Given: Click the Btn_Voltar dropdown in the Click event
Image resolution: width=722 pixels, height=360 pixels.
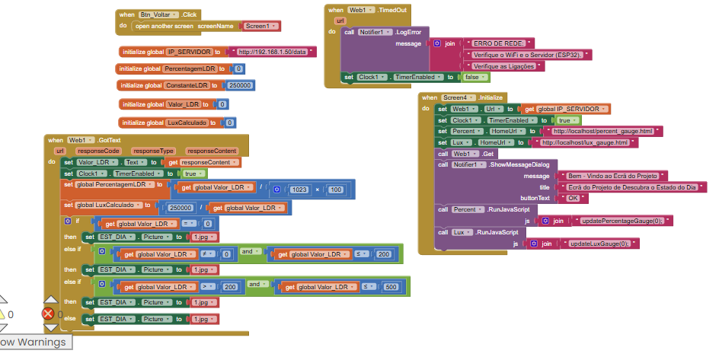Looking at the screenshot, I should pyautogui.click(x=159, y=14).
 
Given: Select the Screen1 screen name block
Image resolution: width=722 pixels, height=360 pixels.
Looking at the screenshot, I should pyautogui.click(x=259, y=26).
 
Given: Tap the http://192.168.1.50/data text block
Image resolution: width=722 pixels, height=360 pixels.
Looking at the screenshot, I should pyautogui.click(x=272, y=52).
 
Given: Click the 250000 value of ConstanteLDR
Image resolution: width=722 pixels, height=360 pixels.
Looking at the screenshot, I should pyautogui.click(x=241, y=85).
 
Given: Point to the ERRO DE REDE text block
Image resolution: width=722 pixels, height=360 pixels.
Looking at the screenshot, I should pyautogui.click(x=500, y=43).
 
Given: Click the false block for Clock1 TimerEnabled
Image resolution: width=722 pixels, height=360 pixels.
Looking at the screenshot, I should pyautogui.click(x=472, y=77).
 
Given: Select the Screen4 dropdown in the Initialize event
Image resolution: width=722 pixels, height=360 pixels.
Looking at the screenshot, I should pyautogui.click(x=462, y=97).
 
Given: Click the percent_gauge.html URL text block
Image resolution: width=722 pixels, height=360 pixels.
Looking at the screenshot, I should pyautogui.click(x=602, y=132).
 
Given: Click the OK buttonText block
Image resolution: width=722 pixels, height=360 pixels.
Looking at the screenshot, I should pyautogui.click(x=573, y=198).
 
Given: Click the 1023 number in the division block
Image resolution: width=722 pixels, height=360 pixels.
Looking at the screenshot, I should pyautogui.click(x=299, y=189).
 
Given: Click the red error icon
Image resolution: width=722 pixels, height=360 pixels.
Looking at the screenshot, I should pyautogui.click(x=48, y=314).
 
